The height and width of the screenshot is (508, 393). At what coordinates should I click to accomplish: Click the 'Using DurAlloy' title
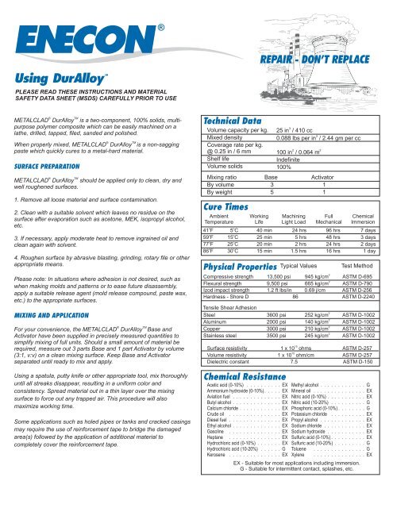60,81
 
